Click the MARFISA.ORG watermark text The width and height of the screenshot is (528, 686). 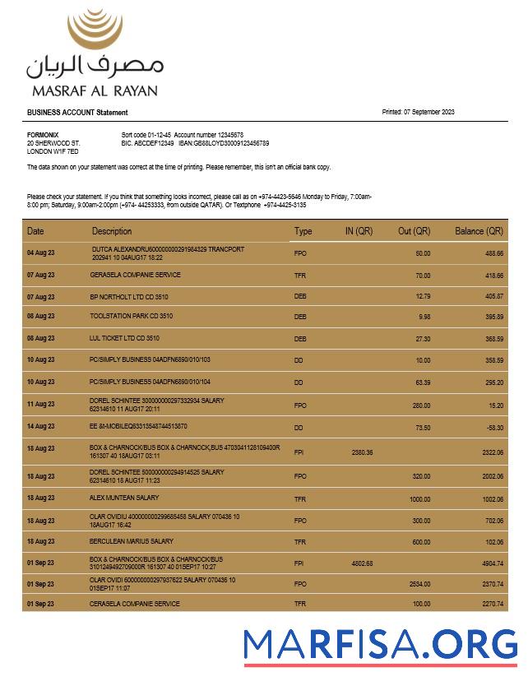[380, 644]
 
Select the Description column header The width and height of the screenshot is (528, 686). [112, 231]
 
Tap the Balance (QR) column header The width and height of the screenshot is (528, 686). [479, 231]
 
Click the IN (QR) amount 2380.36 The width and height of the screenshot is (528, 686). [362, 452]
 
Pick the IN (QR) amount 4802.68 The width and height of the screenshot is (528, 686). [362, 563]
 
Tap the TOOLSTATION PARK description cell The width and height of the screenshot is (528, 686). [131, 317]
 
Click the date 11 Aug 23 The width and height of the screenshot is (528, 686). [40, 405]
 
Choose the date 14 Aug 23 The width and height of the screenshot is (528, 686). [40, 427]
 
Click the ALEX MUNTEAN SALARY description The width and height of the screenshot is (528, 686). [126, 498]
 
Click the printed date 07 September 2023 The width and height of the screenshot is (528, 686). [429, 113]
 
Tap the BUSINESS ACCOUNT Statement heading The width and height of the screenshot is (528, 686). [77, 113]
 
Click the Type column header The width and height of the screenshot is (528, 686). [303, 231]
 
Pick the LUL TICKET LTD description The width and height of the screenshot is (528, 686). [124, 338]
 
